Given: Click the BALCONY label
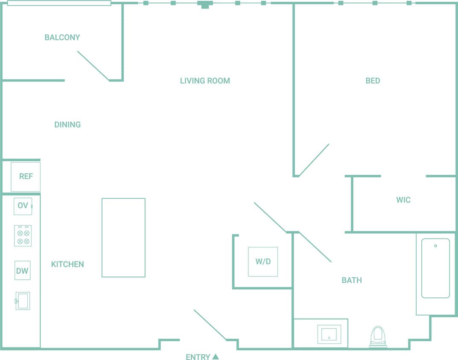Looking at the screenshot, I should [x=62, y=38].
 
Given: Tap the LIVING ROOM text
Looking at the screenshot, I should [x=205, y=81].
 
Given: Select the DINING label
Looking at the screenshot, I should [x=67, y=125].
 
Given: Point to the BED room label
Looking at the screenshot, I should [x=373, y=81].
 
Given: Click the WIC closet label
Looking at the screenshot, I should [x=403, y=200].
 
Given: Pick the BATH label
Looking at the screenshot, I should [x=352, y=280].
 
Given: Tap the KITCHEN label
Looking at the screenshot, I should [x=67, y=264].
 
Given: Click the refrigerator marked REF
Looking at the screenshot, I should [x=26, y=177].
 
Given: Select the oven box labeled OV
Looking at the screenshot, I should [x=23, y=206].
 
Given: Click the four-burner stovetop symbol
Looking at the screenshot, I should [x=23, y=235].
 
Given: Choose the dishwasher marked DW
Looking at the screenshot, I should [x=22, y=270].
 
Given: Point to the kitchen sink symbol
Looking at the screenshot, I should [x=23, y=301].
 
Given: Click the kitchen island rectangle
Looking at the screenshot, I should [x=123, y=238].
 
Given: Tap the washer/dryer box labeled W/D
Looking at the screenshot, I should [x=263, y=261].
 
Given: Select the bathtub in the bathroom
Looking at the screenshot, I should [x=435, y=268].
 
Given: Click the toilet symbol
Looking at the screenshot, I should [x=378, y=336].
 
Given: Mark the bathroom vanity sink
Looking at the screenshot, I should [x=329, y=334].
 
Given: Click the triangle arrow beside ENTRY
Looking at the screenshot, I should [x=216, y=357].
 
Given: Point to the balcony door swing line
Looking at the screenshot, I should [x=93, y=66].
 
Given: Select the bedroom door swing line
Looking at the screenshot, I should [x=314, y=160].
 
